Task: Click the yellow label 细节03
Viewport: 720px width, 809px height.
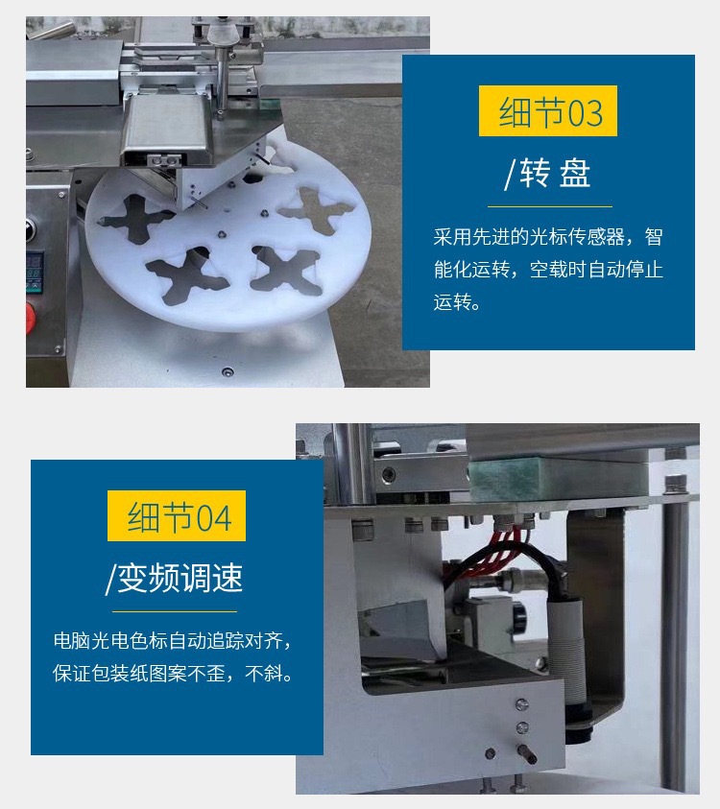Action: pyautogui.click(x=547, y=111)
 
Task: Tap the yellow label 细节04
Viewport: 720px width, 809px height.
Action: pyautogui.click(x=177, y=516)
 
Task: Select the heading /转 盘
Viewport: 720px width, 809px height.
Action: pyautogui.click(x=547, y=173)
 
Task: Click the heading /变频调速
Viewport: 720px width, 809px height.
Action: pyautogui.click(x=174, y=578)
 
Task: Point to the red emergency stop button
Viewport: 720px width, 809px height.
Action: pyautogui.click(x=31, y=317)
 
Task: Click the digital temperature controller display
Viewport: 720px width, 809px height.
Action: pyautogui.click(x=35, y=271)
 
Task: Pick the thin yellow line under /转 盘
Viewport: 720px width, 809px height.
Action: pyautogui.click(x=550, y=206)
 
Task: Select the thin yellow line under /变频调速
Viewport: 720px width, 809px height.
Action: pyautogui.click(x=175, y=612)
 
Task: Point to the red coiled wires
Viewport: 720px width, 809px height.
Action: pyautogui.click(x=495, y=552)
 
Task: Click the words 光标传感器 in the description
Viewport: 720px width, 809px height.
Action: pyautogui.click(x=577, y=237)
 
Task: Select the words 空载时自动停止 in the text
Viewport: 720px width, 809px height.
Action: pyautogui.click(x=596, y=269)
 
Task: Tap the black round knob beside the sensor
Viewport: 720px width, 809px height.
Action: pyautogui.click(x=519, y=615)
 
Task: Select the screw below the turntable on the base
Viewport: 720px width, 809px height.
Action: pyautogui.click(x=227, y=371)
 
